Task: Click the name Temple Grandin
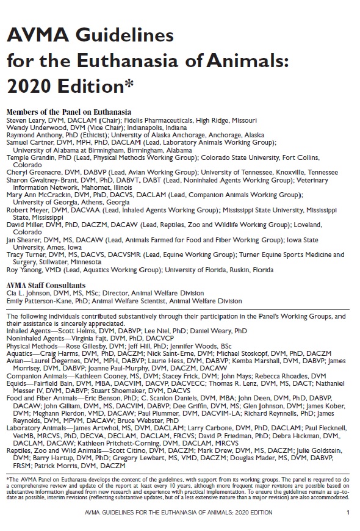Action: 27,157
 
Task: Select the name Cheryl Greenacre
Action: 31,173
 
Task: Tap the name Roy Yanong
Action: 23,269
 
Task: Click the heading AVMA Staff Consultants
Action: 45,285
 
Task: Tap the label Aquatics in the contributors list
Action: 20,352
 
